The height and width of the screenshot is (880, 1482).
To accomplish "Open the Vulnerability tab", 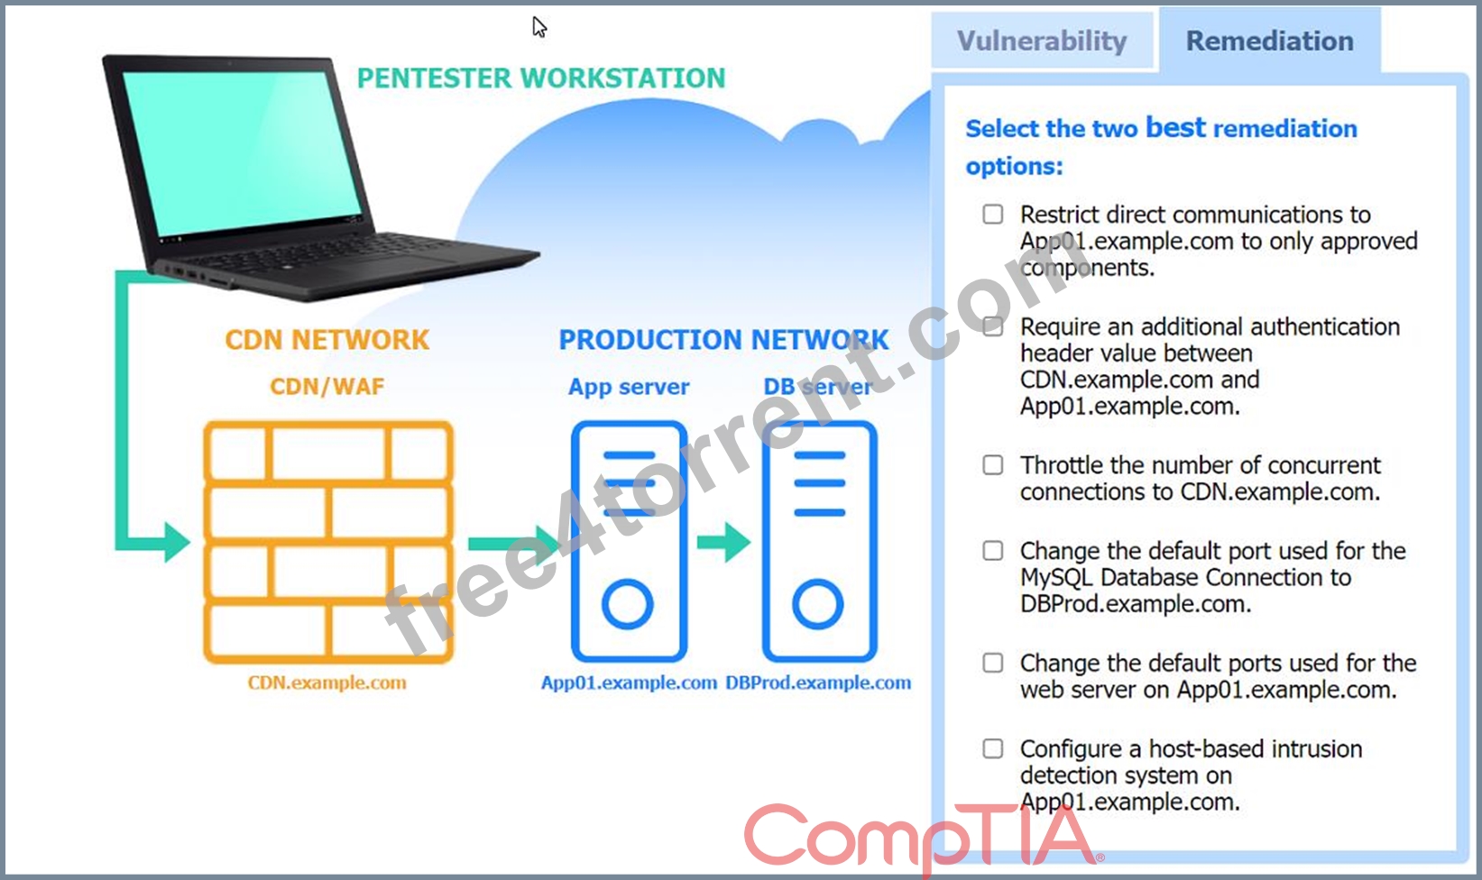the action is pos(1042,41).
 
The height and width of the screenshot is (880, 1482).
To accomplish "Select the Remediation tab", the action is pos(1270,41).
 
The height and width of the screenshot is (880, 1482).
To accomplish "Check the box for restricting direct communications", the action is pos(992,215).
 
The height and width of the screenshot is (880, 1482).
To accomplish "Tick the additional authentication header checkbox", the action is pos(992,326).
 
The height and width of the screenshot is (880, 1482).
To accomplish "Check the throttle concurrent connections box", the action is pos(992,464).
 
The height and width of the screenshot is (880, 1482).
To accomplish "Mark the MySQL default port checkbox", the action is pos(992,551).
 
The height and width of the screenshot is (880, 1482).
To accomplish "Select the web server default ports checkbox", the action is pos(992,663).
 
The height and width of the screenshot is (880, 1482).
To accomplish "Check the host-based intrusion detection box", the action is pos(992,748).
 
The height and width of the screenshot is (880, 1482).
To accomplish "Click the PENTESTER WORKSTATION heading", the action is pos(541,78).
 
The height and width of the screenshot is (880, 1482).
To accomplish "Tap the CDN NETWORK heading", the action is pos(327,340).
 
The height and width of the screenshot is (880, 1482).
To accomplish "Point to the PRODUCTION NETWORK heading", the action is pos(723,340).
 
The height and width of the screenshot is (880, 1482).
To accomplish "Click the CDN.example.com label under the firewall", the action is pos(327,683).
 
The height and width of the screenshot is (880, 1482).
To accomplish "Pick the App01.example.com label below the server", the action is pos(629,683).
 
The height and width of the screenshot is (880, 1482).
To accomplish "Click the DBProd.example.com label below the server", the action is pos(818,683).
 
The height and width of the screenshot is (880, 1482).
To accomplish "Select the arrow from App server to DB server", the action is pos(723,542).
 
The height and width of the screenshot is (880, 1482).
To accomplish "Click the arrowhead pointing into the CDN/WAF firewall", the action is pos(177,543).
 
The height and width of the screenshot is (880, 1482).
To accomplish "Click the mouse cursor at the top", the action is pos(538,26).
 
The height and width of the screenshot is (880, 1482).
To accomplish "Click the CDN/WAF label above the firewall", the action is pos(327,386).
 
